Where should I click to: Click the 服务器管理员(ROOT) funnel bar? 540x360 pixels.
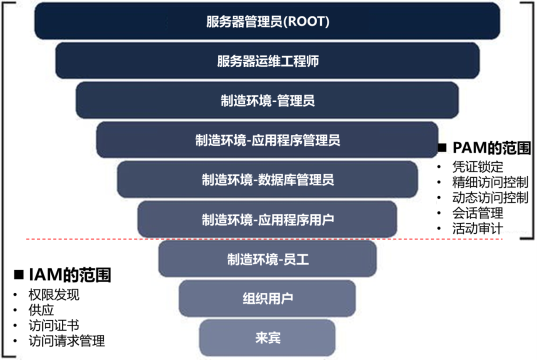pos(267,21)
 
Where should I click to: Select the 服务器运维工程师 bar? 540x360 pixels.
pos(267,61)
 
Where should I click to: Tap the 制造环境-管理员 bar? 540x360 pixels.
pos(267,100)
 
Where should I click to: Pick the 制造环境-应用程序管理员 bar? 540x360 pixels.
pos(267,140)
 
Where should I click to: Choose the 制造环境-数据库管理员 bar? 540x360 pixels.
pos(267,179)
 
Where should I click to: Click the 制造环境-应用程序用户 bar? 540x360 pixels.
pos(267,219)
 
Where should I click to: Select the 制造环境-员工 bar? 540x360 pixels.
pos(267,259)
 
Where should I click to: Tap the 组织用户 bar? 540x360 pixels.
pos(267,298)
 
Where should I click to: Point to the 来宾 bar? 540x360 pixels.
pos(267,338)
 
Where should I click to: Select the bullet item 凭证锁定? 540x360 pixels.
pos(477,166)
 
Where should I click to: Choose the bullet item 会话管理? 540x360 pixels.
pos(477,213)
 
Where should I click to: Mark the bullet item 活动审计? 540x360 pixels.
pos(477,229)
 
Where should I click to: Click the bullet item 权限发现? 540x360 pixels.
pos(54,295)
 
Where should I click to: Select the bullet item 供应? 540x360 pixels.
pos(41,310)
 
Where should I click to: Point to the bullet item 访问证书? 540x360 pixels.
pos(54,326)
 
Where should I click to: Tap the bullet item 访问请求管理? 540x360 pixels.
pos(66,341)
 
